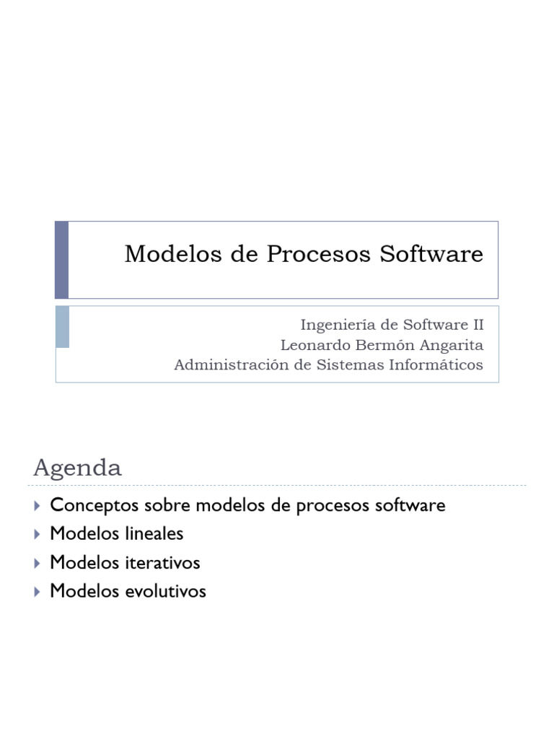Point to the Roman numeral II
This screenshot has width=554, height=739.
coord(476,325)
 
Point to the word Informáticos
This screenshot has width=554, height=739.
coord(437,365)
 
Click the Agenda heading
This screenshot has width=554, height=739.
coord(77,468)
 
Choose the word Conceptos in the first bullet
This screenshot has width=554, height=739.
coord(86,505)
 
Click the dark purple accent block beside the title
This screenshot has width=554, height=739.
coord(62,260)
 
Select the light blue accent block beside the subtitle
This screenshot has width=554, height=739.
coord(63,326)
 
